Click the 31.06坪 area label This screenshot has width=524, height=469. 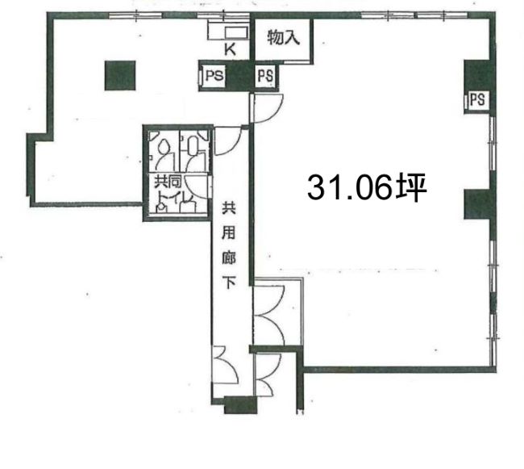pos(367,187)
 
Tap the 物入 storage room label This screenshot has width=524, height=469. pos(283,37)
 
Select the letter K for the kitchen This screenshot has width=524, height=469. pos(230,49)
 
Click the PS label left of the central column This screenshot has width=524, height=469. pos(214,76)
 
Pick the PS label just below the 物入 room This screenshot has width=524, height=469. pos(266,76)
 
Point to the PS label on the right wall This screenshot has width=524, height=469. pos(477,99)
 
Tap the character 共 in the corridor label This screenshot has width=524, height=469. pos(229,207)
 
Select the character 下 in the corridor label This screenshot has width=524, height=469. pos(229,282)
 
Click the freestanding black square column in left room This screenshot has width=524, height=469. pos(120,76)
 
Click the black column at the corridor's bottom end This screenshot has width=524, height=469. pos(240,404)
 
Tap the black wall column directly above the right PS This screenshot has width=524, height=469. pos(479,75)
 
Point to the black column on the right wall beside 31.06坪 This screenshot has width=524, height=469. pos(478,204)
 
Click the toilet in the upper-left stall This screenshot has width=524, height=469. pos(164,147)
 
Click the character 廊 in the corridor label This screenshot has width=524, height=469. pos(229,257)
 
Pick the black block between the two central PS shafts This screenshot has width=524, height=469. pos(239,76)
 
